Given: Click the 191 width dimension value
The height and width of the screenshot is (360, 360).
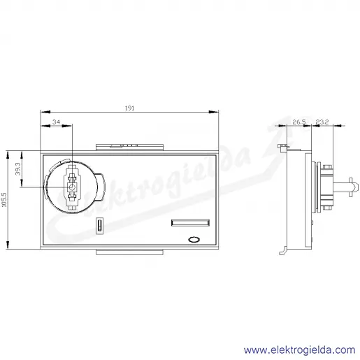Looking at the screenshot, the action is pos(129,108).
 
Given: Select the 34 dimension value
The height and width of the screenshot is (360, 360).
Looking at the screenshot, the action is pos(56,122).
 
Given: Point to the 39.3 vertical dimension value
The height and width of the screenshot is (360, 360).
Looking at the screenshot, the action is pos(18,169).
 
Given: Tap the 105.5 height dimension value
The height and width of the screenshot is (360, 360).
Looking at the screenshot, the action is pos(4,200).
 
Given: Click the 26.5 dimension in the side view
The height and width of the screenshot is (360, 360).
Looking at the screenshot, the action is pos(299,122).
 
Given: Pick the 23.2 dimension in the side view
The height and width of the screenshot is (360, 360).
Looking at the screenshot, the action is pos(322,122).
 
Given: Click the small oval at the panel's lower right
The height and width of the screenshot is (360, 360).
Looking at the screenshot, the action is pos(194,240).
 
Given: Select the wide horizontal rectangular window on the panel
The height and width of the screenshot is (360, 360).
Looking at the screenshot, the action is pos(190,223).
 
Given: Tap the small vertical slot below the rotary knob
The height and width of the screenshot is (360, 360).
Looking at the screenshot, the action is pos(99,226).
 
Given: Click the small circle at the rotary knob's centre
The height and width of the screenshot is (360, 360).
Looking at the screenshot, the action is pos(73,187).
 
